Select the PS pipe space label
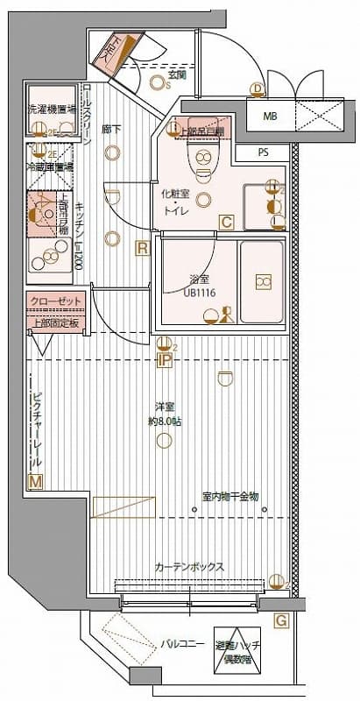tap(263, 152)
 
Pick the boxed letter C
tap(226, 223)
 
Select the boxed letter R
tap(141, 249)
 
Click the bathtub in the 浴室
tap(261, 281)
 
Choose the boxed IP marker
tap(164, 359)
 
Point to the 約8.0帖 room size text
tap(164, 421)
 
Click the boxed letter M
tap(36, 481)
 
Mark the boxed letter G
tap(281, 621)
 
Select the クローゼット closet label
tap(53, 301)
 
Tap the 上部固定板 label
tap(53, 322)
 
